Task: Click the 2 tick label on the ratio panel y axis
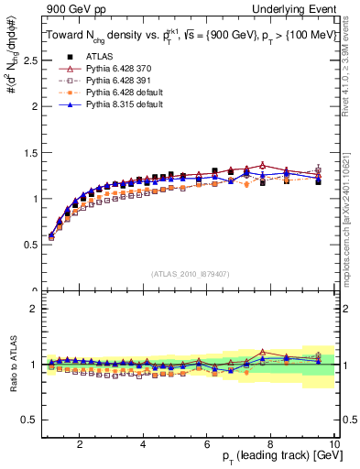[x=34, y=309]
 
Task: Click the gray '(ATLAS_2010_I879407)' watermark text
[x=189, y=274]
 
